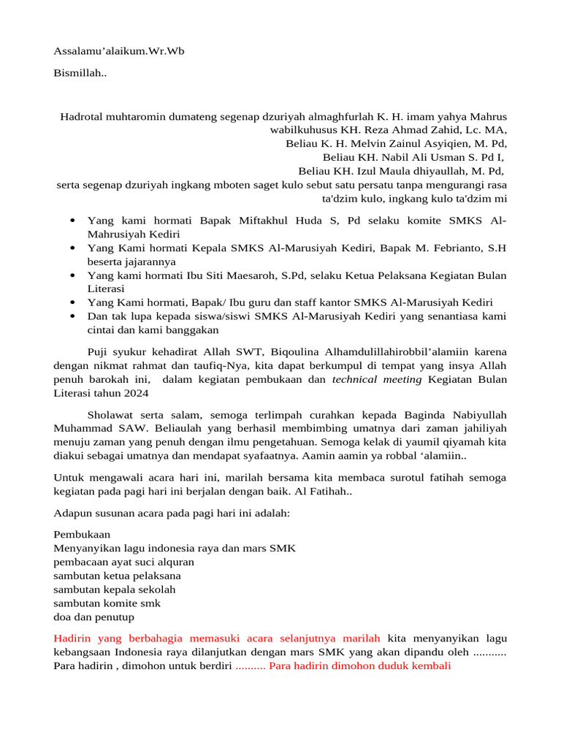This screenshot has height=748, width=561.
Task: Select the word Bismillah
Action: [x=80, y=73]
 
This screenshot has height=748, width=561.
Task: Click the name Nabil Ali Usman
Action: [x=421, y=157]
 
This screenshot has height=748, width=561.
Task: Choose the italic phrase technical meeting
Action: [x=377, y=379]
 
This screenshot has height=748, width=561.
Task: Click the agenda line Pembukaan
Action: [x=82, y=534]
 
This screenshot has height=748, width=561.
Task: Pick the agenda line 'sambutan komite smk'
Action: [x=107, y=603]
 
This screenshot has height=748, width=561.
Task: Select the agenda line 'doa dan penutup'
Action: [x=94, y=617]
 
